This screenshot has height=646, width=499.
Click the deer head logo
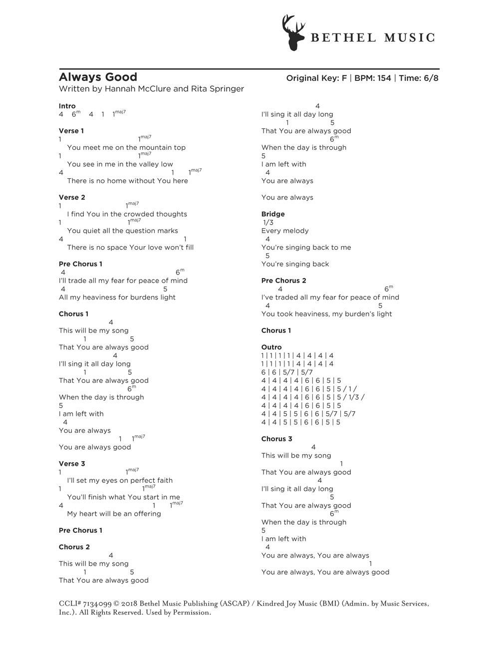point(293,32)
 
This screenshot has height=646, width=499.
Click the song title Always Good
point(98,77)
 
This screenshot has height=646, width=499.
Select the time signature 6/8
point(431,78)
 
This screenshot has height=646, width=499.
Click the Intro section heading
point(67,106)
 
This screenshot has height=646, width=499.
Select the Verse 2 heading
point(72,197)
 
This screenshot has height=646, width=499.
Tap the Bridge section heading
point(273,214)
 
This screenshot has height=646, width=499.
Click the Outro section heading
point(271,347)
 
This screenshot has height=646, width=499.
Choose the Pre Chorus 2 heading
point(283,281)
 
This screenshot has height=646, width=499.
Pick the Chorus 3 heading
point(276,439)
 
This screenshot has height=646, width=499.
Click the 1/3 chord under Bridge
point(268,222)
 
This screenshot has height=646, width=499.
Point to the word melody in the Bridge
point(296,231)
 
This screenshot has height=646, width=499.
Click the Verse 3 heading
point(72,464)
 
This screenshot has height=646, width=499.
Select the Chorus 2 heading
point(74,547)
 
